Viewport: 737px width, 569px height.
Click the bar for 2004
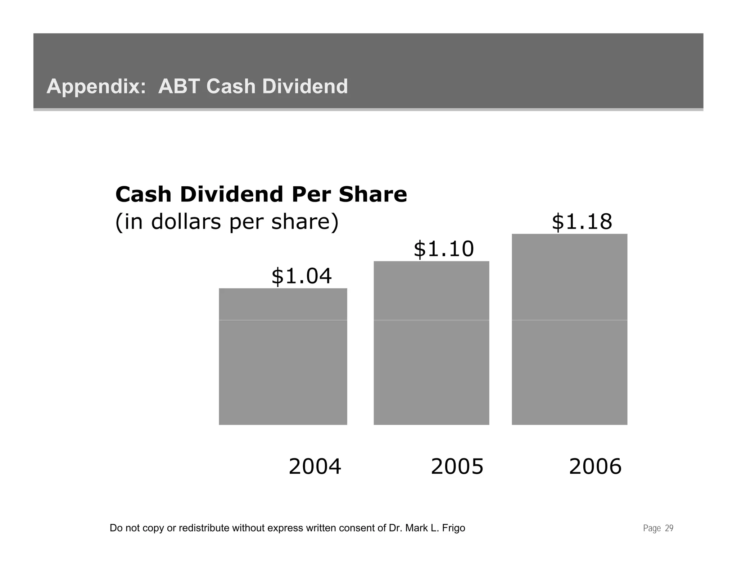point(283,356)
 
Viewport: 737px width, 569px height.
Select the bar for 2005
point(431,343)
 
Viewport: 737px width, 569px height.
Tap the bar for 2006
point(569,329)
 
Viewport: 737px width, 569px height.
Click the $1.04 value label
point(301,276)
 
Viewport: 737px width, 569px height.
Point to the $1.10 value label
point(444,249)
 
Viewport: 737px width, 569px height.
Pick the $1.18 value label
point(582,222)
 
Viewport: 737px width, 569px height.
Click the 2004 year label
point(315,466)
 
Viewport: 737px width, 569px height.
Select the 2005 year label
point(457,466)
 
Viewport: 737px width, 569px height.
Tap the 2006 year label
point(595,466)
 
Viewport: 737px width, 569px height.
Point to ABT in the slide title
point(179,86)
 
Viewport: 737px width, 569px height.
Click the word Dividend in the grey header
point(305,86)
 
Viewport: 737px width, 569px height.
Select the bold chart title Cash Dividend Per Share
point(261,194)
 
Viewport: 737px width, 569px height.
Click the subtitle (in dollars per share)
point(227,222)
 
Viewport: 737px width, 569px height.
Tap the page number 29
point(669,528)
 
